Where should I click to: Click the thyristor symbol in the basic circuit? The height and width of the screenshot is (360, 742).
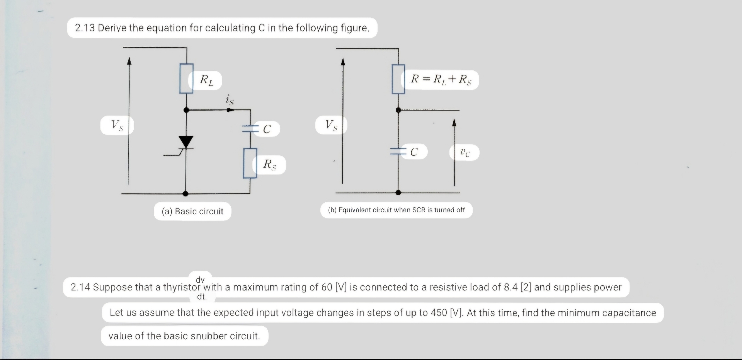point(186,142)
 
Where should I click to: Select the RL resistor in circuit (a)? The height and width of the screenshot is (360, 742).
point(186,78)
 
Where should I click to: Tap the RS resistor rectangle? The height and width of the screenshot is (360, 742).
point(250,163)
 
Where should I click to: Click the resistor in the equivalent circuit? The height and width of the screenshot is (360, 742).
point(398,79)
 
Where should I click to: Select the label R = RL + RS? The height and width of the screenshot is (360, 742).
point(441,80)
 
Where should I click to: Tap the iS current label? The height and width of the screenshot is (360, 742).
point(230,100)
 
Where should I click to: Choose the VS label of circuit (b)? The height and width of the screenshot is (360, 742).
point(331,125)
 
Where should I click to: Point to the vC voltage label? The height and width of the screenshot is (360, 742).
point(465,152)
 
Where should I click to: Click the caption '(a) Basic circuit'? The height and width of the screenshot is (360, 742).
point(192,212)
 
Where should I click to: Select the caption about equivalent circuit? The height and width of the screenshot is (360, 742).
point(397,210)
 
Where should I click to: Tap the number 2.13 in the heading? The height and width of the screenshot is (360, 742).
point(85,28)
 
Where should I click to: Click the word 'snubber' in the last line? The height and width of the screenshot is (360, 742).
point(209,336)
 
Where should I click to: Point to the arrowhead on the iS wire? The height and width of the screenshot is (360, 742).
point(231,110)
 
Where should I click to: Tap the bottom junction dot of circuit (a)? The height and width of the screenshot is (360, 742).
point(185,193)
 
